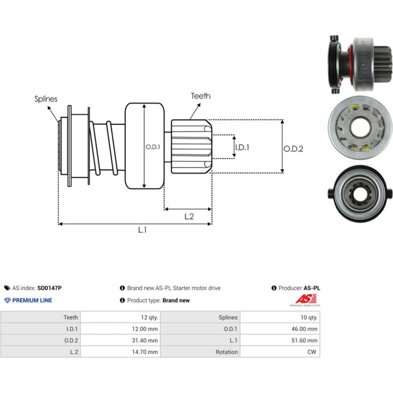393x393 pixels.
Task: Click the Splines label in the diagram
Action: [46, 99]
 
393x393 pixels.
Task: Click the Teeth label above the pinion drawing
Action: [200, 96]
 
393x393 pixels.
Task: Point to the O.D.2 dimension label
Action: [293, 149]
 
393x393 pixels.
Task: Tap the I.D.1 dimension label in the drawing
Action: [242, 147]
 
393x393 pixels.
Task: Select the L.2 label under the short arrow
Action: [189, 217]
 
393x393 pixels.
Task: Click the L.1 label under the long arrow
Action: [142, 230]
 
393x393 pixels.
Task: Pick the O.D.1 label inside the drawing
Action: [153, 147]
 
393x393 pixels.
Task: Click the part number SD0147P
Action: [50, 288]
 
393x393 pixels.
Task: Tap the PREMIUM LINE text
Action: [32, 300]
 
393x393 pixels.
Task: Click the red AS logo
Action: [306, 299]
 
